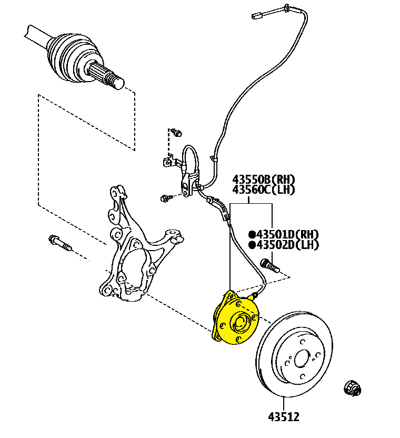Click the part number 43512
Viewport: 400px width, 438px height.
[x=284, y=417]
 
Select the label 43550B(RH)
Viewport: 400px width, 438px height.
[x=264, y=179]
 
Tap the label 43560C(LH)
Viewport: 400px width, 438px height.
[x=264, y=190]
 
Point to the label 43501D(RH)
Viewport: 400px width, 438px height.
[x=287, y=234]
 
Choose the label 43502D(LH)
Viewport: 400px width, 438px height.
[x=287, y=245]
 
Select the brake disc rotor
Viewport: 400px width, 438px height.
[x=294, y=354]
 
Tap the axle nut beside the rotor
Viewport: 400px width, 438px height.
[x=353, y=388]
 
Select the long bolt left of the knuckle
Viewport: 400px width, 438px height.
[x=60, y=243]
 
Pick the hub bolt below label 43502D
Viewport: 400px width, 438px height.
[x=270, y=266]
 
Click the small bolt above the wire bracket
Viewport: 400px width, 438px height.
[x=177, y=132]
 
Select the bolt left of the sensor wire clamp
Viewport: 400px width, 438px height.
[x=166, y=198]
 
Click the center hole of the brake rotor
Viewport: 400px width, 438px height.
[x=302, y=359]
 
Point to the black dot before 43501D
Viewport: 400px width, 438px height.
[x=252, y=234]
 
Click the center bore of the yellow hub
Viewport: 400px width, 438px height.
[x=239, y=323]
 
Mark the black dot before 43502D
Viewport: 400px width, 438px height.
[x=252, y=245]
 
